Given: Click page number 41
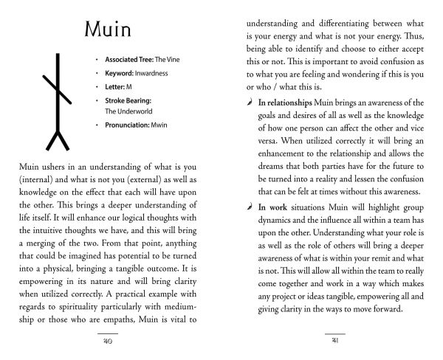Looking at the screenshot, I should (x=335, y=342).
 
